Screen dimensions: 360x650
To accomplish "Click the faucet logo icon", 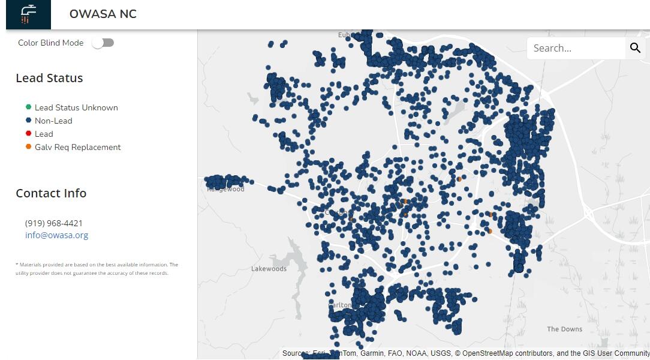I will click(28, 14).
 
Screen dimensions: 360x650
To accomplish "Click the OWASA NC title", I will click(103, 14).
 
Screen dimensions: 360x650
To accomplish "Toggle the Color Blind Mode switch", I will click(103, 43).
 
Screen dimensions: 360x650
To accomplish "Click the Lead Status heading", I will click(49, 78).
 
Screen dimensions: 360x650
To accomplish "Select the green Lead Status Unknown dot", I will click(28, 107).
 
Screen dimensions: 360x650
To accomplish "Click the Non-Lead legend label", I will click(53, 121).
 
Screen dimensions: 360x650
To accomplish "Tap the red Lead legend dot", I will click(28, 134).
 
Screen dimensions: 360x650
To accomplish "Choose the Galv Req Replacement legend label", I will click(77, 147).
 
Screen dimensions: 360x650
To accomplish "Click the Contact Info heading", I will click(51, 193).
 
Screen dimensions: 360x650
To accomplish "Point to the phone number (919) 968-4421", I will click(54, 223).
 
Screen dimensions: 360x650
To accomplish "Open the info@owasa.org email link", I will click(56, 235).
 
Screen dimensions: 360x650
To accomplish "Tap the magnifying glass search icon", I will click(635, 48).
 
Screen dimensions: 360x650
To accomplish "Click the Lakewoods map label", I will click(269, 269).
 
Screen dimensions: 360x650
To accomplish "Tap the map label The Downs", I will click(564, 329).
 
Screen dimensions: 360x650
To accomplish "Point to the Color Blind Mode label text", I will click(51, 43).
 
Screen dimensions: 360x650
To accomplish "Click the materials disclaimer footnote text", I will click(97, 269).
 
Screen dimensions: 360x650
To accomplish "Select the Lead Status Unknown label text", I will click(76, 107).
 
